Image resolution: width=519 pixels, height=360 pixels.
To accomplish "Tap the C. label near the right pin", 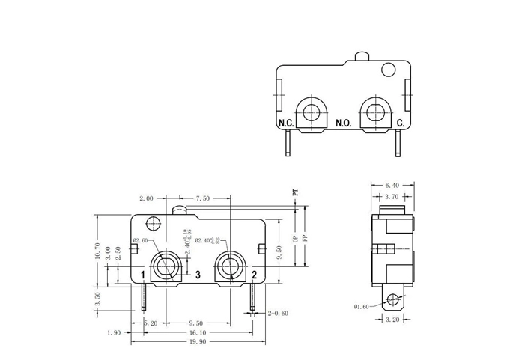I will tap(400, 122).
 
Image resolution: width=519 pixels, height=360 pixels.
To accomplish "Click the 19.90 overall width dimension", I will tap(196, 342).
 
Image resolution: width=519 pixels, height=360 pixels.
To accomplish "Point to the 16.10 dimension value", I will tap(196, 332).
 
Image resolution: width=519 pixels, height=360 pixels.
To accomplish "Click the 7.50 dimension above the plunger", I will tap(202, 198).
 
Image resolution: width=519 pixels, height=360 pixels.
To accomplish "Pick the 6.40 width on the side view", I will tap(392, 185).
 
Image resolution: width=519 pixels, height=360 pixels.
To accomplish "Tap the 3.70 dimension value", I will tap(392, 195).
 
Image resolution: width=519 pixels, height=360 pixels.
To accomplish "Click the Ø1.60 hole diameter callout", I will tap(363, 307).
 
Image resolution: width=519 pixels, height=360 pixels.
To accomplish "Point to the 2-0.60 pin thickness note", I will tap(278, 314).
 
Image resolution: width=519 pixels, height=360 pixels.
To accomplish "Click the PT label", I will tap(295, 192).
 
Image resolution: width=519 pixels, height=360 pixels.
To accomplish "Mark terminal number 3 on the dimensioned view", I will tap(198, 275).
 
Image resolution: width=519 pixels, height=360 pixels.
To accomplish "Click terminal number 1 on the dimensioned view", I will tap(142, 275).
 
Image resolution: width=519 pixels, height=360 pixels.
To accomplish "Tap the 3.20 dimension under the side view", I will tap(392, 319).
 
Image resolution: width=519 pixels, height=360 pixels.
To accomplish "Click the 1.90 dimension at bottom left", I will tap(114, 332).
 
